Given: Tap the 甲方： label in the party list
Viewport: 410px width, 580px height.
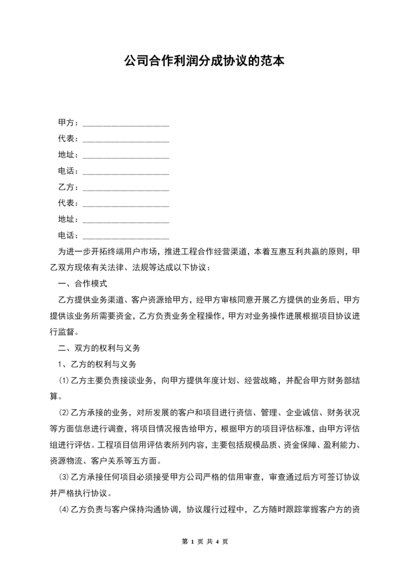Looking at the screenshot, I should [x=69, y=123].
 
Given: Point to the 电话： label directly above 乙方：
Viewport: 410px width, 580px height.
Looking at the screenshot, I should [x=69, y=171].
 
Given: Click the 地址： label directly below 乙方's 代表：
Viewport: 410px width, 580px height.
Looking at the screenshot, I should [x=69, y=219].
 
